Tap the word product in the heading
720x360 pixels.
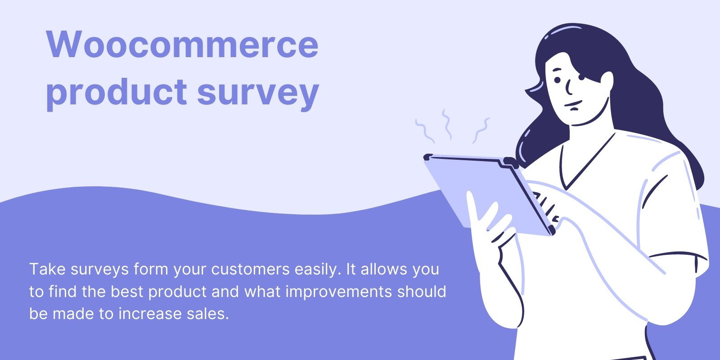tap(117, 93)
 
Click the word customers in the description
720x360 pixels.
tap(250, 269)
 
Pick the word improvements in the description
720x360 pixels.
tap(339, 292)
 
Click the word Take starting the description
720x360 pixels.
tap(47, 269)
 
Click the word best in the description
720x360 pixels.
tap(127, 292)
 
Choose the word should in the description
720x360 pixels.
tap(422, 292)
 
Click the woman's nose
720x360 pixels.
tap(569, 87)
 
